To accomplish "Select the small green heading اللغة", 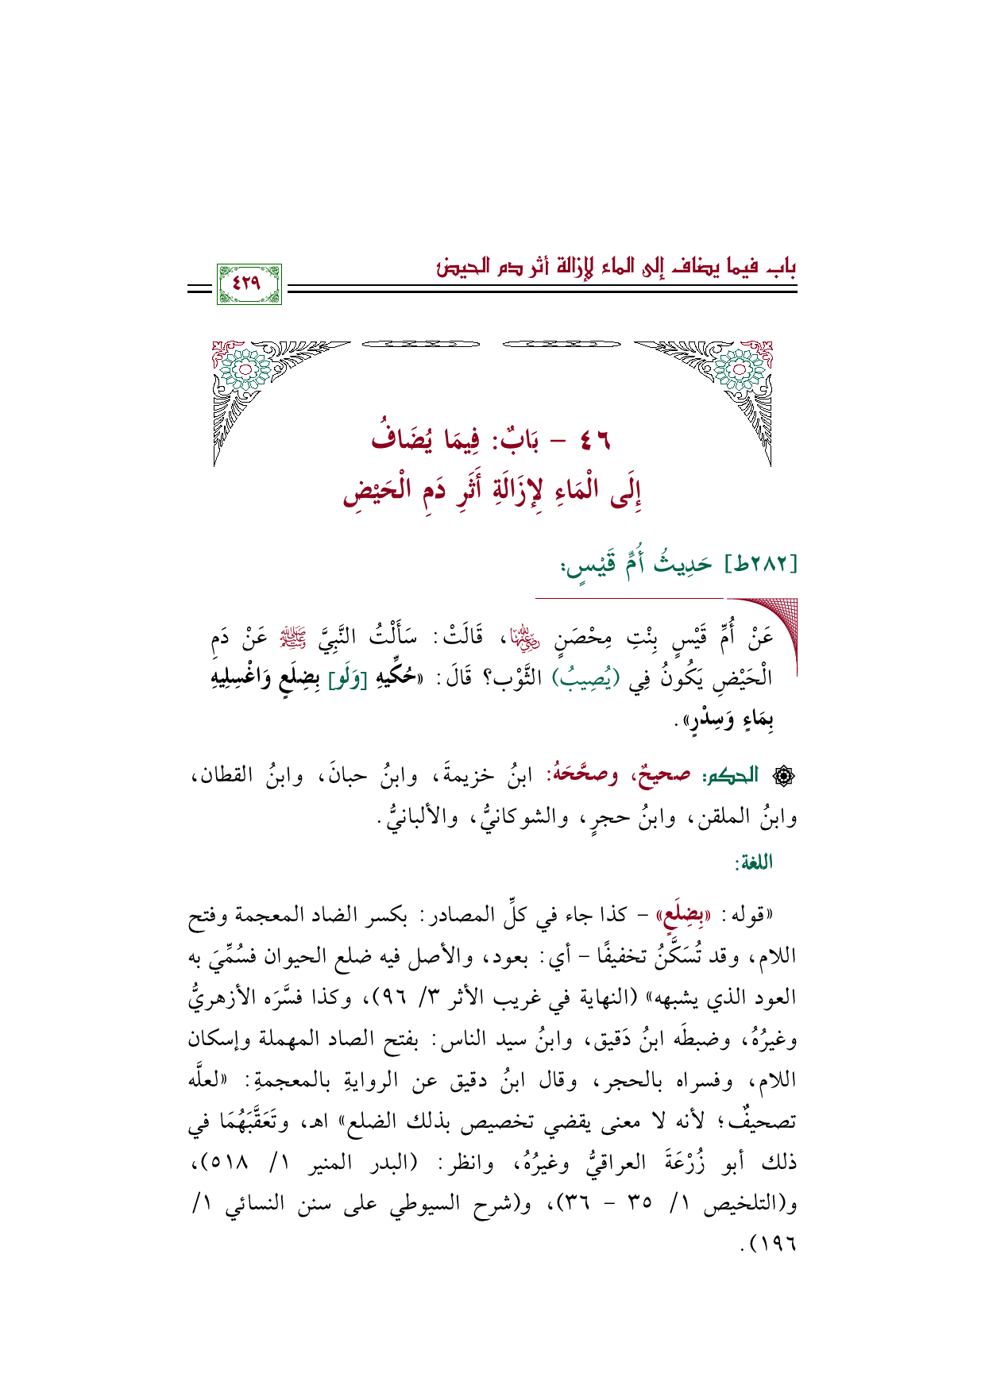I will [x=754, y=862].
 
